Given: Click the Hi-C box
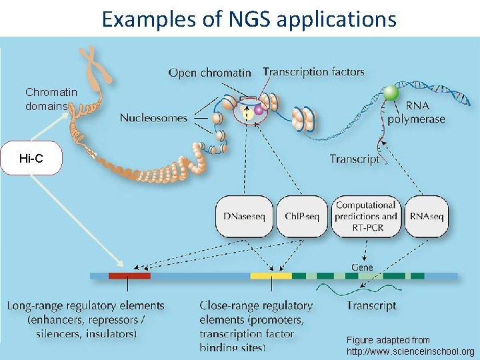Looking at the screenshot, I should [x=31, y=159].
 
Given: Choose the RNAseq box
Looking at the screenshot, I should [x=426, y=216].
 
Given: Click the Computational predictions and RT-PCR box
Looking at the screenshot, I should [x=366, y=216].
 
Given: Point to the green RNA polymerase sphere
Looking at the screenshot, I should [x=391, y=92].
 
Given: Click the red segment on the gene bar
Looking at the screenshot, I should [x=129, y=275].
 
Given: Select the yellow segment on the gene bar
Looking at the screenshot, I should [x=271, y=275].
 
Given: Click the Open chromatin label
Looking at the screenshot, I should [x=209, y=72].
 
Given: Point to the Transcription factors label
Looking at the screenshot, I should [x=313, y=71].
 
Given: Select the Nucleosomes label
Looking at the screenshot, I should [x=153, y=118].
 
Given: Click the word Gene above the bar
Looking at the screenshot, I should [x=362, y=267].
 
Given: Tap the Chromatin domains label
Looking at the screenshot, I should [x=51, y=99].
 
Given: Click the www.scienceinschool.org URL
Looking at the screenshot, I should [x=411, y=351].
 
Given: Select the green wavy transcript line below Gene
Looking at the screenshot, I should [x=361, y=289].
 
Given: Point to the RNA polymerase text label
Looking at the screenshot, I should [x=425, y=113].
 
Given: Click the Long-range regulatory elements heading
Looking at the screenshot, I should [x=85, y=306].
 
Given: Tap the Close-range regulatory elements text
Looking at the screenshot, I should [x=256, y=306].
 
